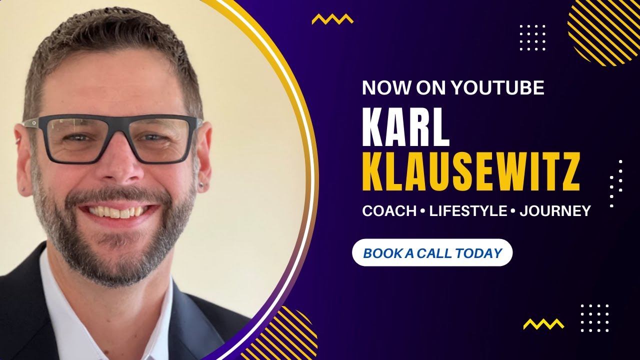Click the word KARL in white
(406, 128)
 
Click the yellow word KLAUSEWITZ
(471, 172)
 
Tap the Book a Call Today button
(432, 253)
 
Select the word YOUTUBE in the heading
(497, 88)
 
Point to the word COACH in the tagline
(389, 211)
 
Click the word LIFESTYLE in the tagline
(468, 211)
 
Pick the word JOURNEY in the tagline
(555, 211)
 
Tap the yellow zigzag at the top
(332, 19)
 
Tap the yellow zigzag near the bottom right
(543, 324)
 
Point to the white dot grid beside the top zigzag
(532, 37)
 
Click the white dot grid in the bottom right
(594, 318)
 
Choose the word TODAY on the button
(478, 253)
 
